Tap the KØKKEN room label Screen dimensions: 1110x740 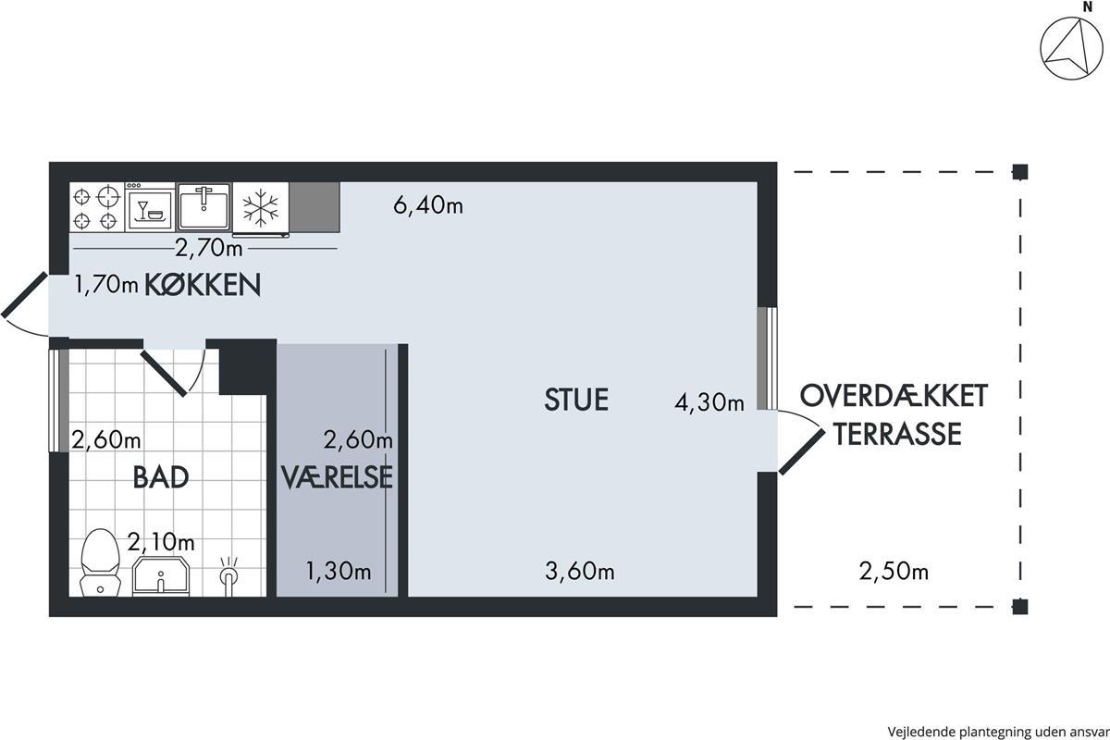pyautogui.click(x=203, y=285)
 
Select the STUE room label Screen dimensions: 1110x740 pyautogui.click(x=576, y=400)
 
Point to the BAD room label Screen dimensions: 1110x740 pyautogui.click(x=161, y=477)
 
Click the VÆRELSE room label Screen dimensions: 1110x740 pyautogui.click(x=337, y=477)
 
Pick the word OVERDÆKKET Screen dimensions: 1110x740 pyautogui.click(x=894, y=396)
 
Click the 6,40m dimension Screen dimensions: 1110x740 pyautogui.click(x=428, y=204)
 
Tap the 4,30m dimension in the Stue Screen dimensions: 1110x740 pyautogui.click(x=709, y=402)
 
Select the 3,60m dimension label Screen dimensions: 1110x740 pyautogui.click(x=580, y=571)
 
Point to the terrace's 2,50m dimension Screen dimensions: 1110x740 pyautogui.click(x=894, y=572)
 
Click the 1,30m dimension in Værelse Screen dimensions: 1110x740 pyautogui.click(x=339, y=571)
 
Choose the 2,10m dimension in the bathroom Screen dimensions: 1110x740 pyautogui.click(x=161, y=542)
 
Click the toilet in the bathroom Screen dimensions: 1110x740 pyautogui.click(x=101, y=562)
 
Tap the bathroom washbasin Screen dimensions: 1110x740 pyautogui.click(x=161, y=575)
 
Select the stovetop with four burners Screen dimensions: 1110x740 pyautogui.click(x=96, y=207)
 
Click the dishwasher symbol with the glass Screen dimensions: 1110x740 pyautogui.click(x=150, y=207)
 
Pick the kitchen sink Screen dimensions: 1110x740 pyautogui.click(x=203, y=206)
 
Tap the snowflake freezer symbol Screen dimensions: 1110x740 pyautogui.click(x=261, y=208)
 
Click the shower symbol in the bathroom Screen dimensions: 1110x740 pyautogui.click(x=228, y=575)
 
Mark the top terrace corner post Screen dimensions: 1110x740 pyautogui.click(x=1019, y=172)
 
